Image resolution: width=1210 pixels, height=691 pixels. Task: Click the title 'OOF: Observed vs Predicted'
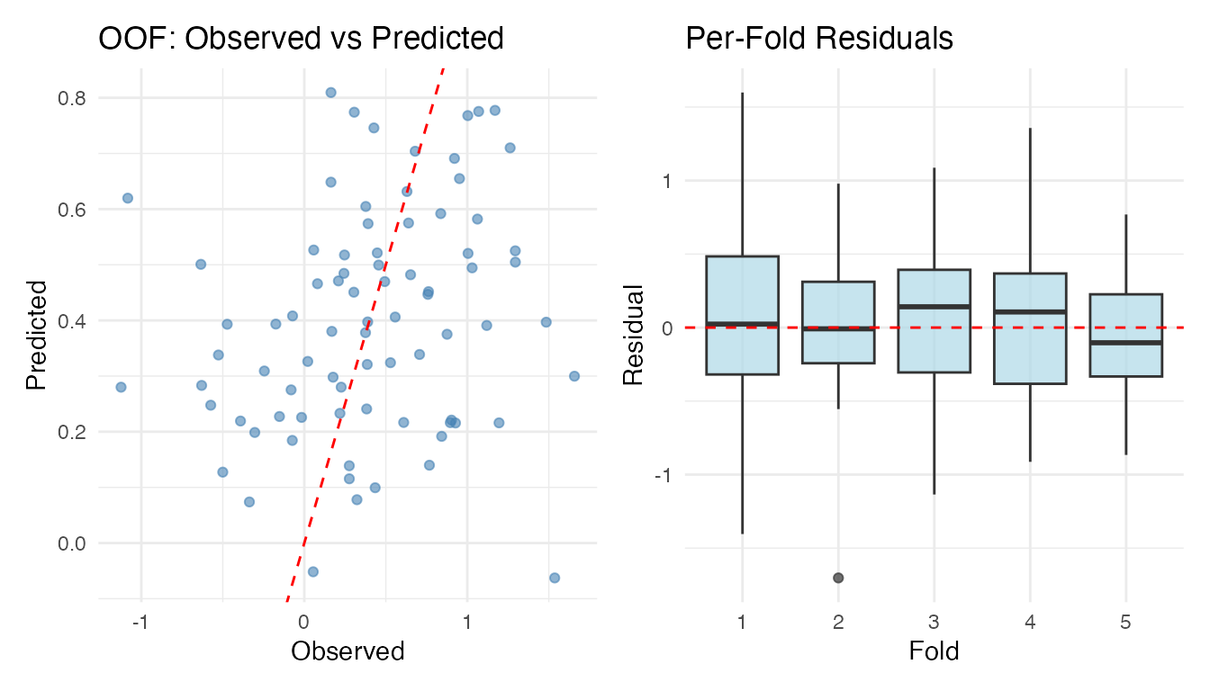(x=300, y=38)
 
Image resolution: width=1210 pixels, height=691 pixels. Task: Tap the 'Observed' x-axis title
(x=348, y=651)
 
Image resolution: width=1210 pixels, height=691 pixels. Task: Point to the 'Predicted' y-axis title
(x=36, y=335)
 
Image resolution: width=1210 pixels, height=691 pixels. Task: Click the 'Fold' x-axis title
(x=934, y=651)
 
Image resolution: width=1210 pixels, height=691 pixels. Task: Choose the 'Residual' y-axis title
(x=634, y=335)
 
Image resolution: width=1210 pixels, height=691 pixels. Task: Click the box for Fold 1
(x=742, y=315)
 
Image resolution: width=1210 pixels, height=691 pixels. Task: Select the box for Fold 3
(x=934, y=320)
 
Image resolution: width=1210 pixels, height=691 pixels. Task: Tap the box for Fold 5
(x=1125, y=335)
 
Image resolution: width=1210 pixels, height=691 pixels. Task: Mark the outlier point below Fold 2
(x=838, y=578)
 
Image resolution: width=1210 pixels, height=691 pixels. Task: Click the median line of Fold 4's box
(x=1030, y=311)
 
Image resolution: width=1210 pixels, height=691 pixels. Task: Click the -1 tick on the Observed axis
(x=140, y=622)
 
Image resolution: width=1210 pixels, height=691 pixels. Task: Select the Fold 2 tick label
(x=838, y=622)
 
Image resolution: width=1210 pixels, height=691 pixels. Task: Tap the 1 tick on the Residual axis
(x=668, y=181)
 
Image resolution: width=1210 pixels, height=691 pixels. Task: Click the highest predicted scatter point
(x=330, y=93)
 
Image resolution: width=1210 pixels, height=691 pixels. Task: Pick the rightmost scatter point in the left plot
(x=573, y=376)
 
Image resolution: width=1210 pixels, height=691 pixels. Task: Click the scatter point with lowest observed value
(x=121, y=387)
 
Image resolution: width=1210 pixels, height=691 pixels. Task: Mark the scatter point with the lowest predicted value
(x=554, y=578)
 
